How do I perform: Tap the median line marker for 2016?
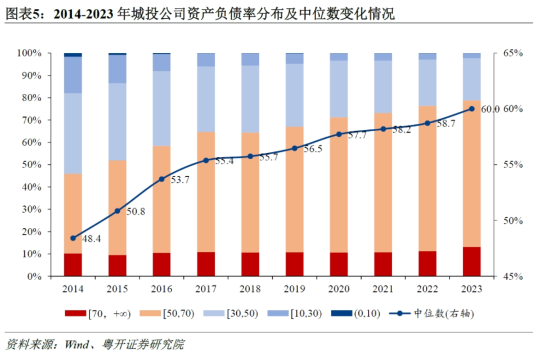pyautogui.click(x=162, y=179)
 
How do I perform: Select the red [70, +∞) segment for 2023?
pyautogui.click(x=472, y=262)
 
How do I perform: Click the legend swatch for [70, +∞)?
pyautogui.click(x=75, y=314)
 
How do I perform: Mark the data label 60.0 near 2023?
pyautogui.click(x=490, y=109)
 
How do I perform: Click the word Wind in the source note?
pyautogui.click(x=77, y=344)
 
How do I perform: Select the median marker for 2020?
pyautogui.click(x=339, y=134)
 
